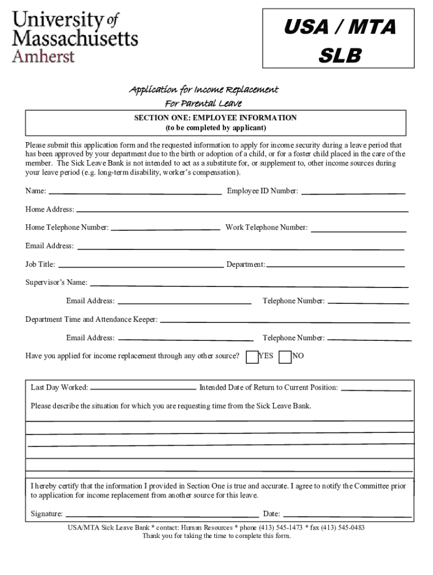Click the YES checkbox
[252, 357]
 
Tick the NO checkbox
[285, 357]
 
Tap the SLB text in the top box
[339, 56]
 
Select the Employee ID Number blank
[353, 192]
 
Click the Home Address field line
[242, 211]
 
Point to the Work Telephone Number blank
[358, 230]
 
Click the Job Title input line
[141, 266]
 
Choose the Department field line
[336, 266]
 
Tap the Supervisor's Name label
[56, 282]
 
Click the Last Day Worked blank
[143, 389]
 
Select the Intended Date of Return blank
[376, 389]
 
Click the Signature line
[162, 515]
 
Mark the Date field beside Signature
[346, 515]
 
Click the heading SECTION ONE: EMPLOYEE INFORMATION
[215, 118]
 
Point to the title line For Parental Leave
[203, 103]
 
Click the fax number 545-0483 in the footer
[350, 527]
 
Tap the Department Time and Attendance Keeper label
[91, 320]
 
